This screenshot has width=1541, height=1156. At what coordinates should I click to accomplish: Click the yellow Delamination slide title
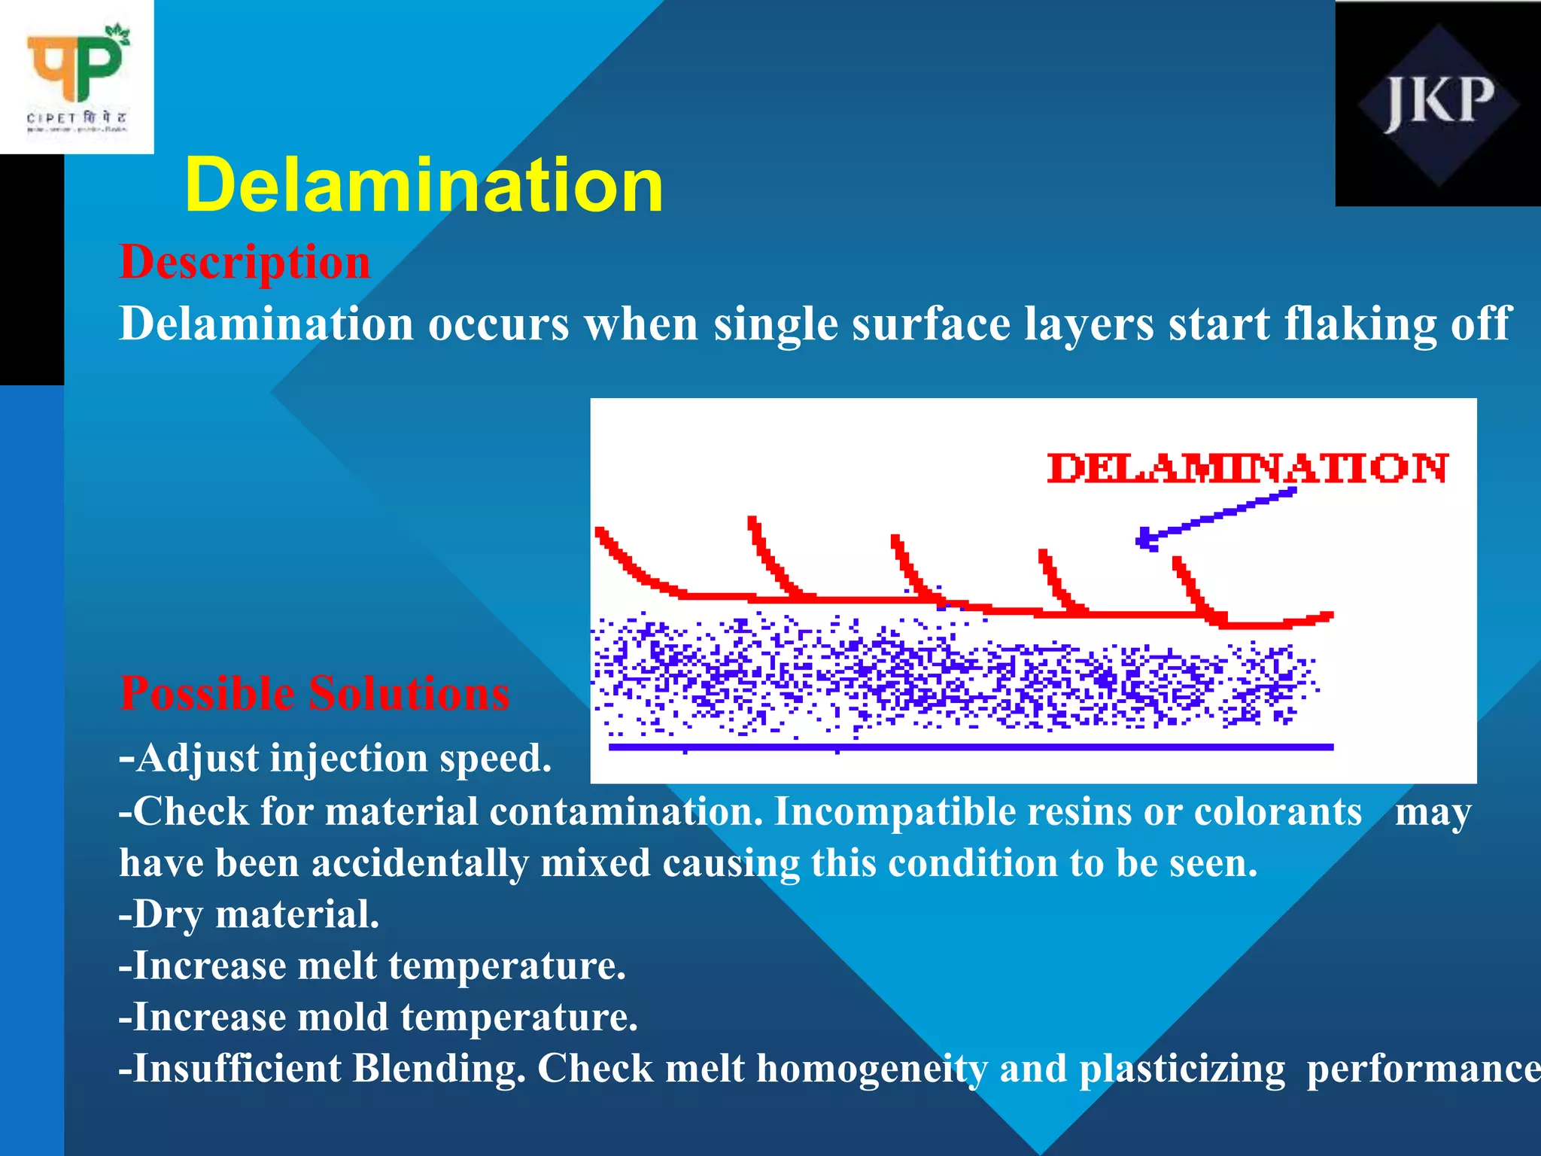(424, 185)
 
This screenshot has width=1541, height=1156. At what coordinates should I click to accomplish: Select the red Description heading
(245, 263)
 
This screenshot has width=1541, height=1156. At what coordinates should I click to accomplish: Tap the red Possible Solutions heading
(315, 693)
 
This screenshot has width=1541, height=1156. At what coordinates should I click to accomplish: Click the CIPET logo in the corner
(77, 77)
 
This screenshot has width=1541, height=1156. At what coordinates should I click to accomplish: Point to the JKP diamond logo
(1438, 104)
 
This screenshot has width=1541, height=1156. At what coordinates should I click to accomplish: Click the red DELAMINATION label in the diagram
(1248, 468)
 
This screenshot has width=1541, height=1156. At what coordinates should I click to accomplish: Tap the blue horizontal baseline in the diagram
(971, 747)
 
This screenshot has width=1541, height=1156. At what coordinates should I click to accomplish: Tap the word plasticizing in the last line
(1182, 1070)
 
